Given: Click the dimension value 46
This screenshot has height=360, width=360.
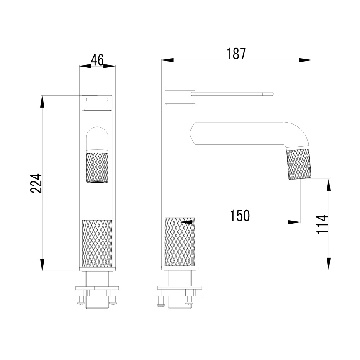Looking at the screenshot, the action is point(97,60).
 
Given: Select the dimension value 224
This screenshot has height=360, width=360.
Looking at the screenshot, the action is point(36,183).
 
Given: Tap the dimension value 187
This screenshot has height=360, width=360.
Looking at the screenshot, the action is point(236,54).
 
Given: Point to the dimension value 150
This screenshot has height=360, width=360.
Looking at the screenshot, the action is point(240,216).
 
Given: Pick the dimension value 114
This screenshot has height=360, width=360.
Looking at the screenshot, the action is point(322,224).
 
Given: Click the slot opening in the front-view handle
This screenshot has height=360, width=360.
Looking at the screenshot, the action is point(97,99).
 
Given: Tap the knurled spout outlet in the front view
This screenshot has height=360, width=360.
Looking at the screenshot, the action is point(97,167).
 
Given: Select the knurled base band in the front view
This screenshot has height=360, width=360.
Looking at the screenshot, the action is point(97,243).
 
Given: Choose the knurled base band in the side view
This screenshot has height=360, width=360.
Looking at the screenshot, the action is point(180,242).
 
